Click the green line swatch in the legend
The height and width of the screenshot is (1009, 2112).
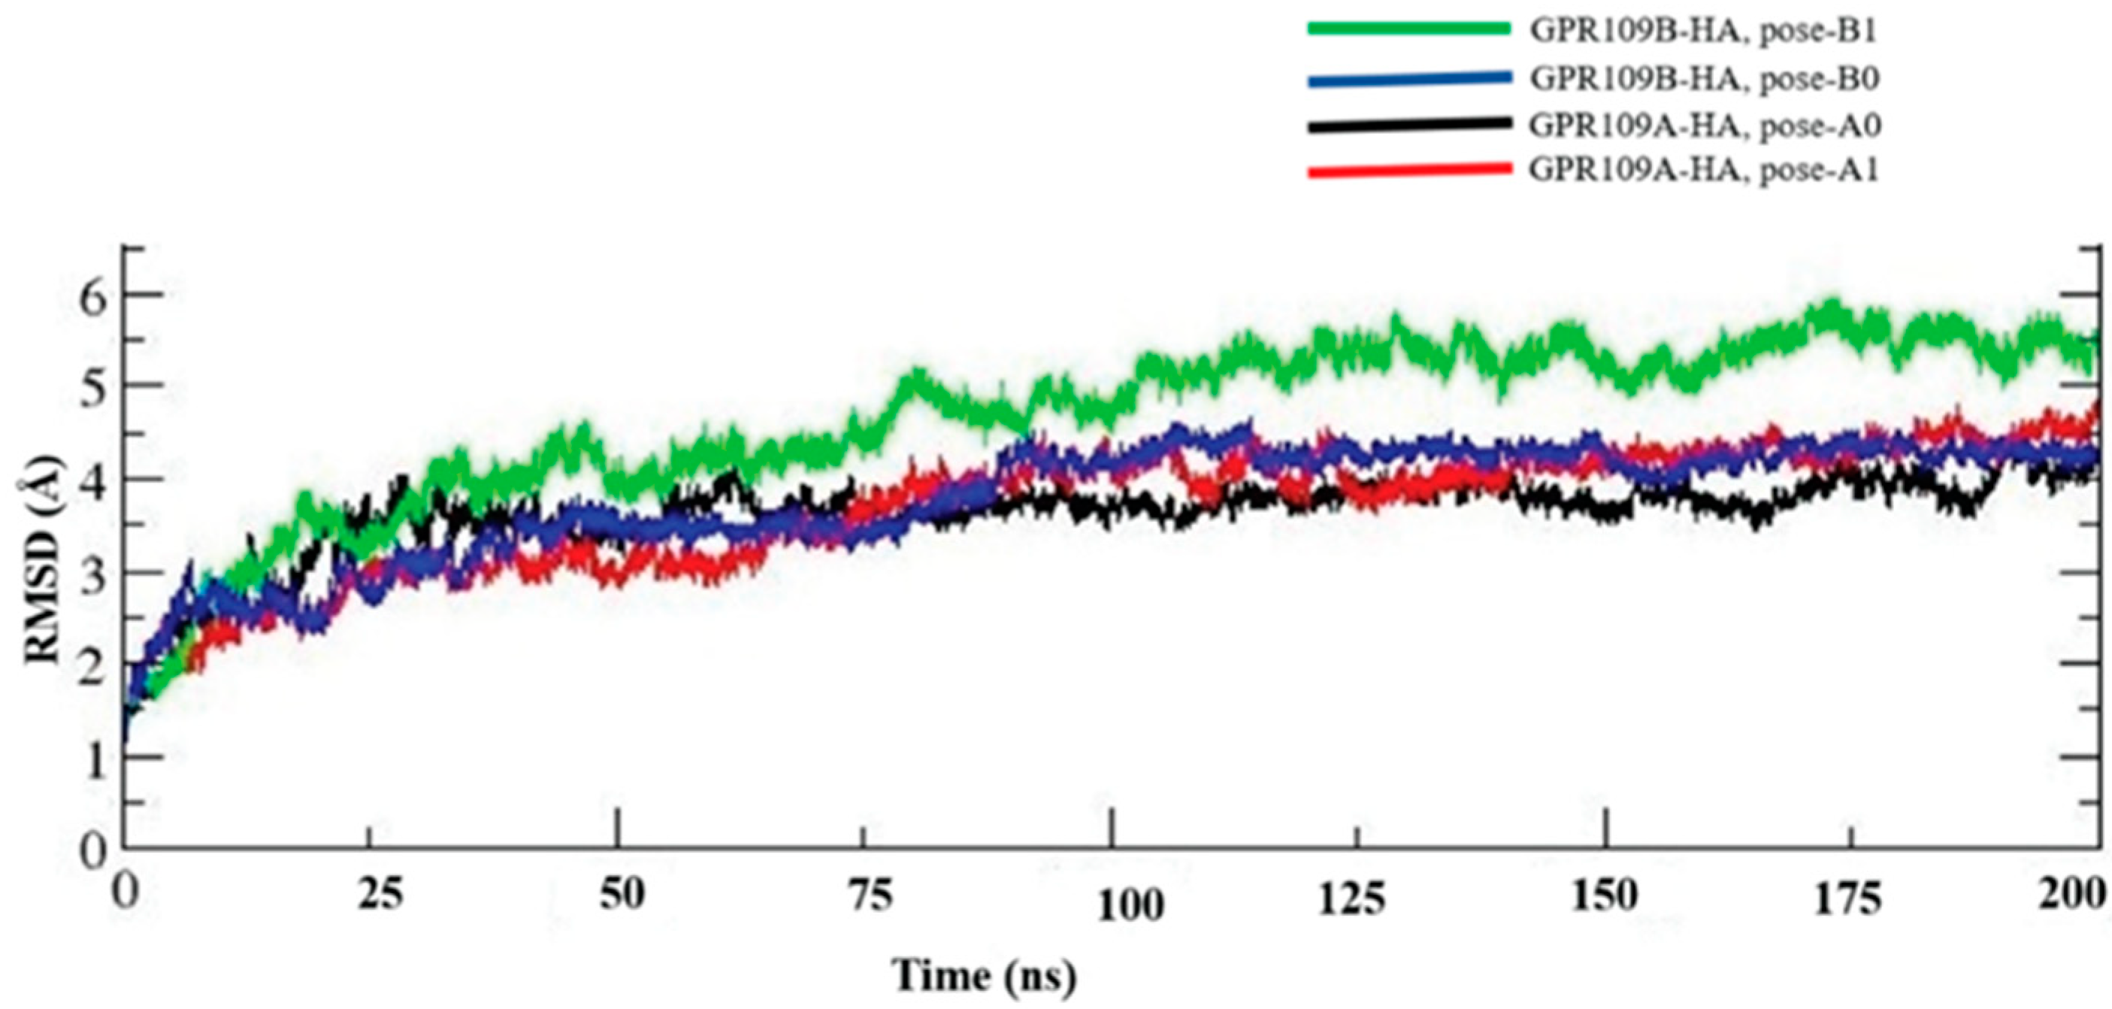pyautogui.click(x=1409, y=29)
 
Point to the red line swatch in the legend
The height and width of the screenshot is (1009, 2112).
pyautogui.click(x=1409, y=170)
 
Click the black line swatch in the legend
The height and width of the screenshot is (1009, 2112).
pyautogui.click(x=1409, y=124)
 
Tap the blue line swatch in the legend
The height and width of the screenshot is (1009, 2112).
pyautogui.click(x=1409, y=78)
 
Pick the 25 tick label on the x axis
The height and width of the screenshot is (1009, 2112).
pyautogui.click(x=382, y=897)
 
